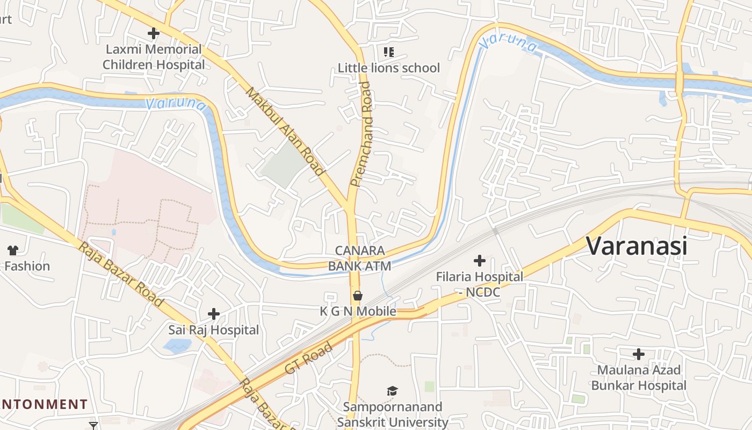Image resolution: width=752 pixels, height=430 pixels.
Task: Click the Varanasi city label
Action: [637, 246]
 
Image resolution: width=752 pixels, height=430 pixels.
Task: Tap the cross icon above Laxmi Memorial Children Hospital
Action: [154, 33]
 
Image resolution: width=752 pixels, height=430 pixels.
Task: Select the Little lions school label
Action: [388, 68]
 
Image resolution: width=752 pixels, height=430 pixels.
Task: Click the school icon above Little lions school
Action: [388, 52]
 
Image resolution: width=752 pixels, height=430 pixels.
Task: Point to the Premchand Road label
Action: [360, 134]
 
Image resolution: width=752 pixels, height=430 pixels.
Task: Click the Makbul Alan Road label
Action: [285, 131]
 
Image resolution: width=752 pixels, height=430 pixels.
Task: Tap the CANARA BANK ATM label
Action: [359, 258]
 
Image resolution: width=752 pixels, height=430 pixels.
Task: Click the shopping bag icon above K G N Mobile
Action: [358, 296]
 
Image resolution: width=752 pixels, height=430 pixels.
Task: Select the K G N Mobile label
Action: [358, 311]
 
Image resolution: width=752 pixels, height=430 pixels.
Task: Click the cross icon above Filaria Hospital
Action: [479, 261]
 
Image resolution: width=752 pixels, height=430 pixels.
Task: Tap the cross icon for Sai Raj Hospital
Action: [214, 314]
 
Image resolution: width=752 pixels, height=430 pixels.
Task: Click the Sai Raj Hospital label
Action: [214, 329]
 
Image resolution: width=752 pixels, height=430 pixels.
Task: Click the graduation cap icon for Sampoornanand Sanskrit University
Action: [393, 391]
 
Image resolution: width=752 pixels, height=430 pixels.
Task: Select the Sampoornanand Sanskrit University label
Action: [393, 414]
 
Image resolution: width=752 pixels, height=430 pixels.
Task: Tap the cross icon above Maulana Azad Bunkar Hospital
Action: [639, 354]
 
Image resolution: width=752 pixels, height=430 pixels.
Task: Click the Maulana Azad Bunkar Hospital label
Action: [639, 377]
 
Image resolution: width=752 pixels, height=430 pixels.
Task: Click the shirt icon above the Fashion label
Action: [13, 250]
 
